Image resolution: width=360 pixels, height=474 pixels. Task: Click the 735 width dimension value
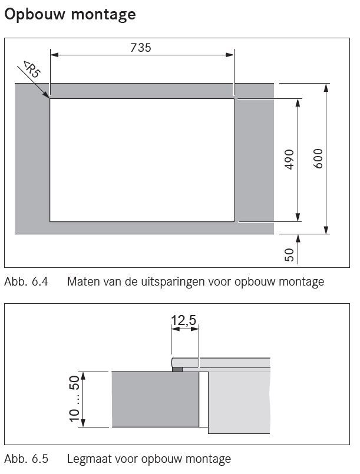pyautogui.click(x=141, y=48)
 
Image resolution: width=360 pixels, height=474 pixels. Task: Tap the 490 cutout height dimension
pyautogui.click(x=289, y=160)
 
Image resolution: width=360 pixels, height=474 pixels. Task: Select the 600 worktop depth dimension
pyautogui.click(x=318, y=158)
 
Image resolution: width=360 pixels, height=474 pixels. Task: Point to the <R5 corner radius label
pyautogui.click(x=32, y=69)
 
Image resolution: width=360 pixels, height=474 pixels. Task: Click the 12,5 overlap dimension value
pyautogui.click(x=184, y=320)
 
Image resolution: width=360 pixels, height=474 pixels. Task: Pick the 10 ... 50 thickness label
pyautogui.click(x=74, y=399)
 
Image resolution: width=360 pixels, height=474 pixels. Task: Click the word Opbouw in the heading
pyautogui.click(x=35, y=15)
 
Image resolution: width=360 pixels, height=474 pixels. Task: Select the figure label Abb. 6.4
pyautogui.click(x=27, y=281)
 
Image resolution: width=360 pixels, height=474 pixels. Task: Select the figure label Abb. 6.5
pyautogui.click(x=27, y=459)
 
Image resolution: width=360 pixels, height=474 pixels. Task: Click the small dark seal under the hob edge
pyautogui.click(x=177, y=369)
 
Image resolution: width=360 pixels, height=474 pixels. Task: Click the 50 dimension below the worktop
pyautogui.click(x=289, y=254)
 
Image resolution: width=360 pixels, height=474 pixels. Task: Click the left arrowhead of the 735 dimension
pyautogui.click(x=54, y=55)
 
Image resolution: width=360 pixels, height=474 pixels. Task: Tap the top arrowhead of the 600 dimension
pyautogui.click(x=326, y=88)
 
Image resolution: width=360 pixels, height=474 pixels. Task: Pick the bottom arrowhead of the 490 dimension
pyautogui.click(x=298, y=217)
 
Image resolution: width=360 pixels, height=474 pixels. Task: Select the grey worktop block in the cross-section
pyautogui.click(x=156, y=399)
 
